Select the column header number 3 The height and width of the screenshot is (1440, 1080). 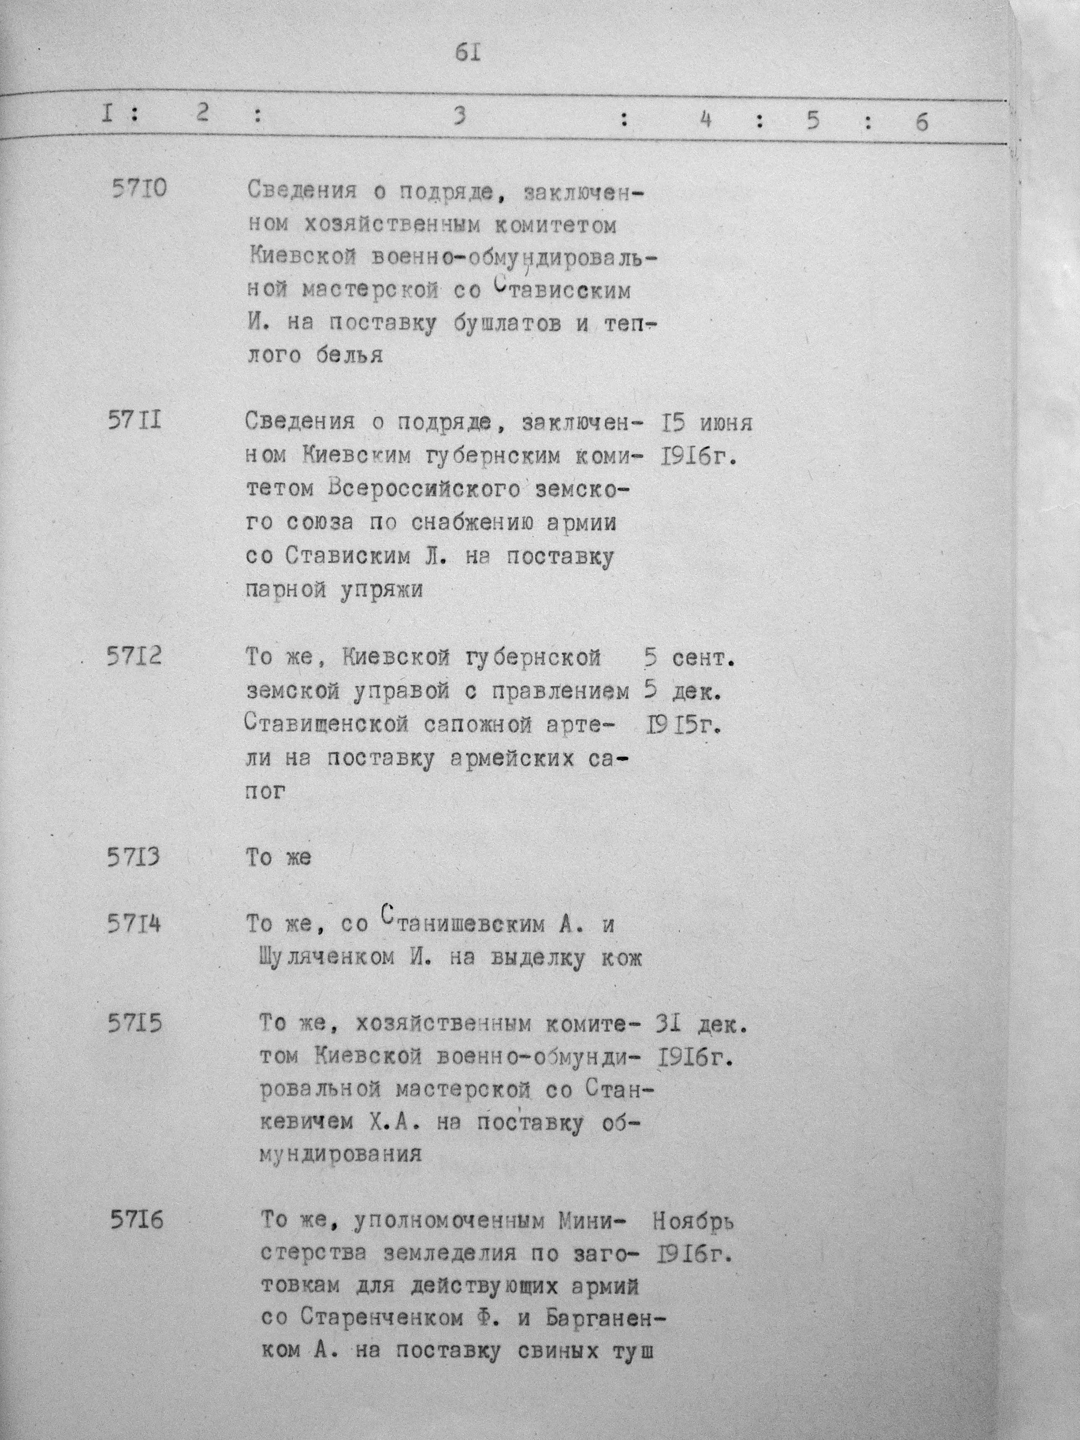click(x=460, y=117)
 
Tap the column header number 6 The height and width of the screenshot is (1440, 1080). click(x=921, y=122)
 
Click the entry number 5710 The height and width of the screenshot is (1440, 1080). click(x=139, y=189)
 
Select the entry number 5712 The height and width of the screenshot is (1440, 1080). click(x=135, y=656)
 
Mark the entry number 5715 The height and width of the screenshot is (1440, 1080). click(x=136, y=1024)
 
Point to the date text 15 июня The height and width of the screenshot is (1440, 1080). click(x=706, y=424)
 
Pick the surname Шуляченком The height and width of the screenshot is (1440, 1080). click(x=323, y=958)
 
